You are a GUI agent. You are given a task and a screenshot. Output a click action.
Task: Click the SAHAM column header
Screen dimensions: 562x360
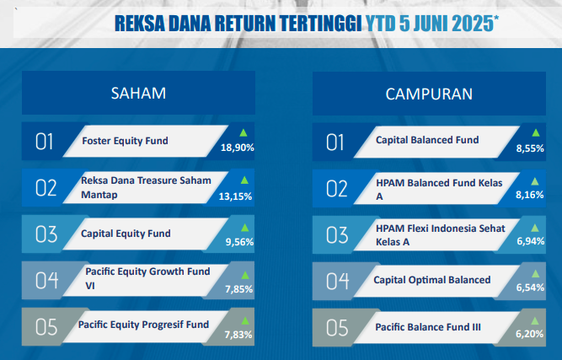click(x=138, y=94)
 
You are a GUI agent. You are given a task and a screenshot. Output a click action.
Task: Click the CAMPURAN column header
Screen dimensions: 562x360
click(x=429, y=94)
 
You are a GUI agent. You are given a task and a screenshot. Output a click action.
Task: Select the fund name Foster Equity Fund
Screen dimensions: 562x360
click(x=125, y=141)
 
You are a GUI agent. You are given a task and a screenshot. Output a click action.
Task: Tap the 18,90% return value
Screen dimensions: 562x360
click(x=238, y=148)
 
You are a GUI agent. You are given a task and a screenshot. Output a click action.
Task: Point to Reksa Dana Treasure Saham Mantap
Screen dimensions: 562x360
click(x=146, y=187)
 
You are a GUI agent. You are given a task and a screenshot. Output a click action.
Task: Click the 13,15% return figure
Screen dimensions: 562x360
click(x=235, y=196)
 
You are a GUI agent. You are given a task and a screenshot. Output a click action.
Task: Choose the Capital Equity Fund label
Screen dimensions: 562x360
click(x=126, y=234)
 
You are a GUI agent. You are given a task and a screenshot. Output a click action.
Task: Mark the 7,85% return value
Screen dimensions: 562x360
click(x=239, y=289)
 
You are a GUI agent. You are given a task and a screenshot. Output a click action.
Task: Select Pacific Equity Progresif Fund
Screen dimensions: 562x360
click(x=143, y=325)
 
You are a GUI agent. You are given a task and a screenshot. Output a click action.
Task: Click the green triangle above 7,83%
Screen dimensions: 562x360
click(x=245, y=320)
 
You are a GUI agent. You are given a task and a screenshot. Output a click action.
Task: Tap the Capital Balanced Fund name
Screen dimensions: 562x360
click(x=427, y=140)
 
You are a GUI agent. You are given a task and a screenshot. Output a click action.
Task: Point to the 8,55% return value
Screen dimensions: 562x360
click(x=530, y=148)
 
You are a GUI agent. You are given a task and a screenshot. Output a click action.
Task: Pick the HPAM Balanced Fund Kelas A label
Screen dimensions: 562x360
click(x=439, y=190)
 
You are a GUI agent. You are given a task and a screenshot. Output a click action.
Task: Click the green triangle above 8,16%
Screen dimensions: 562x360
click(x=535, y=181)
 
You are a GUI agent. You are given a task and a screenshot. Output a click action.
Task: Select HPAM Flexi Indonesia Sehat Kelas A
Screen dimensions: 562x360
click(x=441, y=235)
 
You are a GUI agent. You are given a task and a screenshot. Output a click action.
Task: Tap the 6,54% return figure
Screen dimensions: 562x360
click(x=530, y=287)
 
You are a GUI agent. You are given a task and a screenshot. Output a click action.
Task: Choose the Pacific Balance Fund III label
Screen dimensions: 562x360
click(x=428, y=327)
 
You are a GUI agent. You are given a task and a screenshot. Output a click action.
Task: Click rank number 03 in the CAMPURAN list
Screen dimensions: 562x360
click(x=337, y=235)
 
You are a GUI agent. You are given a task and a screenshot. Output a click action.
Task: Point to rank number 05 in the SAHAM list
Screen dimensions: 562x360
click(x=46, y=327)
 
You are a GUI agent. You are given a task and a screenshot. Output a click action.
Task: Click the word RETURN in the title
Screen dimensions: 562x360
click(x=247, y=24)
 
